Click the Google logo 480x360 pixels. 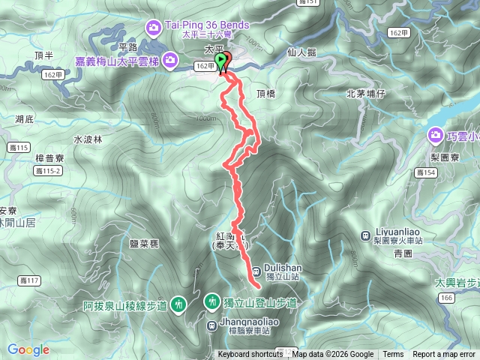(28, 349)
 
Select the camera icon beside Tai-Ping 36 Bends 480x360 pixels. (154, 28)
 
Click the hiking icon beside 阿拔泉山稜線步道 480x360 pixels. (178, 304)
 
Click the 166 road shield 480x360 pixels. (446, 298)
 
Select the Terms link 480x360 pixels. (393, 355)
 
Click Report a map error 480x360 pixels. (444, 355)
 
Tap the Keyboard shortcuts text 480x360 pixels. (250, 355)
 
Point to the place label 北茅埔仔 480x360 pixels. (365, 94)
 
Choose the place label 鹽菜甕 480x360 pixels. (144, 244)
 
